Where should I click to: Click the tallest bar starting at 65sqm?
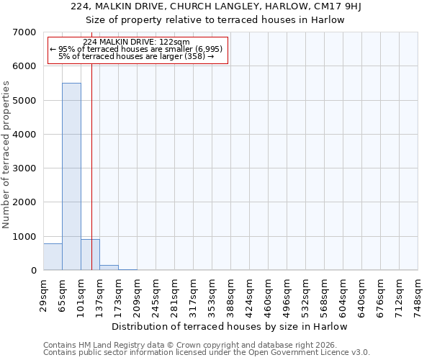click(x=71, y=176)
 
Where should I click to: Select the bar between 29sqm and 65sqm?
click(x=53, y=257)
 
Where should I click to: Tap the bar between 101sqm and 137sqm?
click(x=90, y=255)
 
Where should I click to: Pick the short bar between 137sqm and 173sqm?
click(x=109, y=268)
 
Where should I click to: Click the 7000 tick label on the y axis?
click(x=25, y=32)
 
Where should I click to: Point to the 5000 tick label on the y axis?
click(x=25, y=101)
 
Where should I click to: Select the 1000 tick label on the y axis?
click(x=25, y=237)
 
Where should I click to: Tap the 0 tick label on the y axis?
click(x=33, y=271)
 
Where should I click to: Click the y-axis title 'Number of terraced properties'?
click(x=6, y=155)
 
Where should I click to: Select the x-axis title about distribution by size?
click(x=230, y=326)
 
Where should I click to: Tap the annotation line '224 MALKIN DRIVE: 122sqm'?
click(x=136, y=42)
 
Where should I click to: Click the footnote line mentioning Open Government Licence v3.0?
click(x=207, y=353)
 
